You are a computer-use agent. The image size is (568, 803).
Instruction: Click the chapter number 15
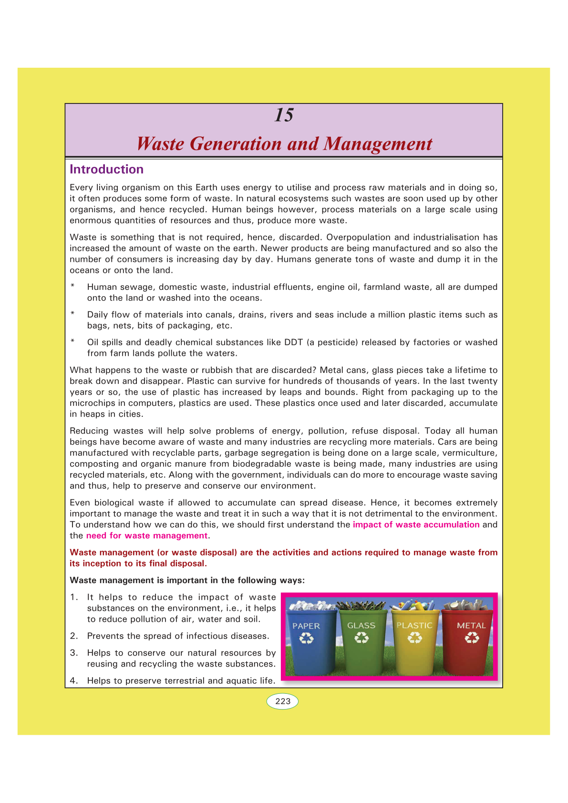tap(284, 115)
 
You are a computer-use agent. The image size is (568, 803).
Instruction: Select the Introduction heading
tap(106, 169)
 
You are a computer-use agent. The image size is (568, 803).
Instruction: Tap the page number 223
tap(283, 701)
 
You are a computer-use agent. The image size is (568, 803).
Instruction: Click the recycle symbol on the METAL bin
tap(472, 638)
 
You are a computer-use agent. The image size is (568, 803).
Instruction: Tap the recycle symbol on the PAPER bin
tap(306, 638)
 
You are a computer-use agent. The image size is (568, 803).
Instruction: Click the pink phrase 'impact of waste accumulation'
tap(416, 525)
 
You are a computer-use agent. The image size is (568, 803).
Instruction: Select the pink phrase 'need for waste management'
tap(147, 535)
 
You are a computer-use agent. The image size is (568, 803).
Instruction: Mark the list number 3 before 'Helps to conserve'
tap(73, 653)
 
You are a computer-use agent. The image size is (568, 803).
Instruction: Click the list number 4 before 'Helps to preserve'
tap(73, 680)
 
